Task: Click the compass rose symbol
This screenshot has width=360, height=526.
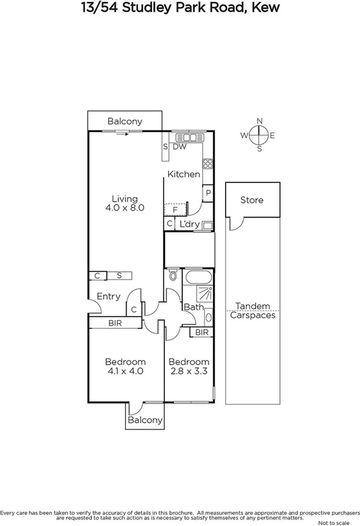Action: pos(259,135)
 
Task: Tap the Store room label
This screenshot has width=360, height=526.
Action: pos(251,200)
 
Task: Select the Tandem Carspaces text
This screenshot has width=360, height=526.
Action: pos(253,311)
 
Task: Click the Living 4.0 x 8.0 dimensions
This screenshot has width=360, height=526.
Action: pos(125,207)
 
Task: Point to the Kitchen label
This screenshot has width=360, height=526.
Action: pos(184,174)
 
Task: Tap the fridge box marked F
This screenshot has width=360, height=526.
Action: pos(174,209)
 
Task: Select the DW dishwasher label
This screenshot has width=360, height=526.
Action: pos(180,147)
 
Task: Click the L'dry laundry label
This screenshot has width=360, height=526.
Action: pos(189,224)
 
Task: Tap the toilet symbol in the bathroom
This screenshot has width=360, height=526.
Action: pos(173,276)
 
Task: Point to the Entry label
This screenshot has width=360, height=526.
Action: pos(109,296)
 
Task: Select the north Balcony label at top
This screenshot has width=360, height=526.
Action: pos(125,121)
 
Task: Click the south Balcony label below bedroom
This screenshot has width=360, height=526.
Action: pos(145,420)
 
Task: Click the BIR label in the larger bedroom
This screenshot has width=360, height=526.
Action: pos(115,324)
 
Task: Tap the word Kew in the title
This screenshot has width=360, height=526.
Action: pos(265,8)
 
